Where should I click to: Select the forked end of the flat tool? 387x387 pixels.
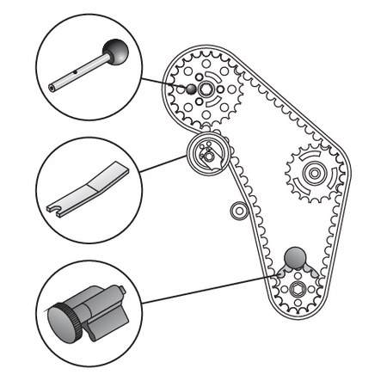click(x=52, y=208)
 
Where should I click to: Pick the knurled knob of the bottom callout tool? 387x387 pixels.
click(x=65, y=322)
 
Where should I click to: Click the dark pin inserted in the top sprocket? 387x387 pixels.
click(x=192, y=89)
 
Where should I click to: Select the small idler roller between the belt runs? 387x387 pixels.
click(x=238, y=209)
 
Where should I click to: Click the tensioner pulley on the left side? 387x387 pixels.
click(x=206, y=156)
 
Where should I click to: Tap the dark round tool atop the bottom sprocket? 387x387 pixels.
click(x=295, y=256)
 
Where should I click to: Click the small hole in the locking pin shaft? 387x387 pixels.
click(x=76, y=74)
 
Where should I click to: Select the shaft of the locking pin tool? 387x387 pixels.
click(x=82, y=71)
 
